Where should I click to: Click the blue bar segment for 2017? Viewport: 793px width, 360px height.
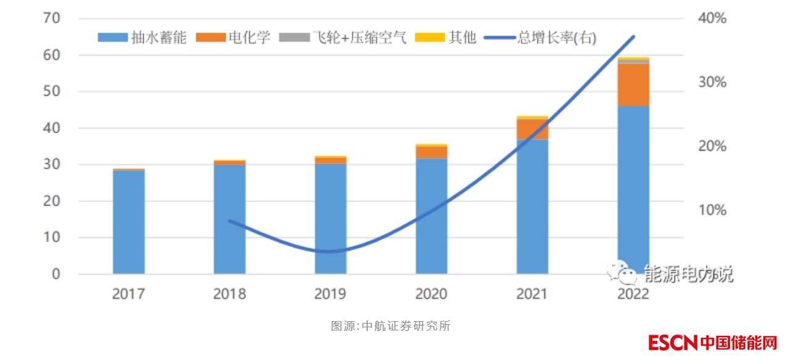[x=128, y=222]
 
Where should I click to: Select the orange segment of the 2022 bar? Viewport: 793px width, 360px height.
[x=633, y=85]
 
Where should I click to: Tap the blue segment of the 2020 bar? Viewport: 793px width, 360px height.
[x=431, y=216]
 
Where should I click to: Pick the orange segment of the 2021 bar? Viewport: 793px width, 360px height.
[x=532, y=129]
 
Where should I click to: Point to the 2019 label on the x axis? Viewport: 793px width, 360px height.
[x=330, y=293]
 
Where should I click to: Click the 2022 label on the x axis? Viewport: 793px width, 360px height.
[x=633, y=293]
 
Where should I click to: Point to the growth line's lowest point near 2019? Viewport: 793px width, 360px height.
[x=328, y=251]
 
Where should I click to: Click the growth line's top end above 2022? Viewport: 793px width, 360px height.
[x=633, y=37]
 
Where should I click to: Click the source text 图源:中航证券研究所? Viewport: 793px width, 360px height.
[x=391, y=326]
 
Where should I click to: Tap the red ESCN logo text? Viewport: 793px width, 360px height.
[x=672, y=342]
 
